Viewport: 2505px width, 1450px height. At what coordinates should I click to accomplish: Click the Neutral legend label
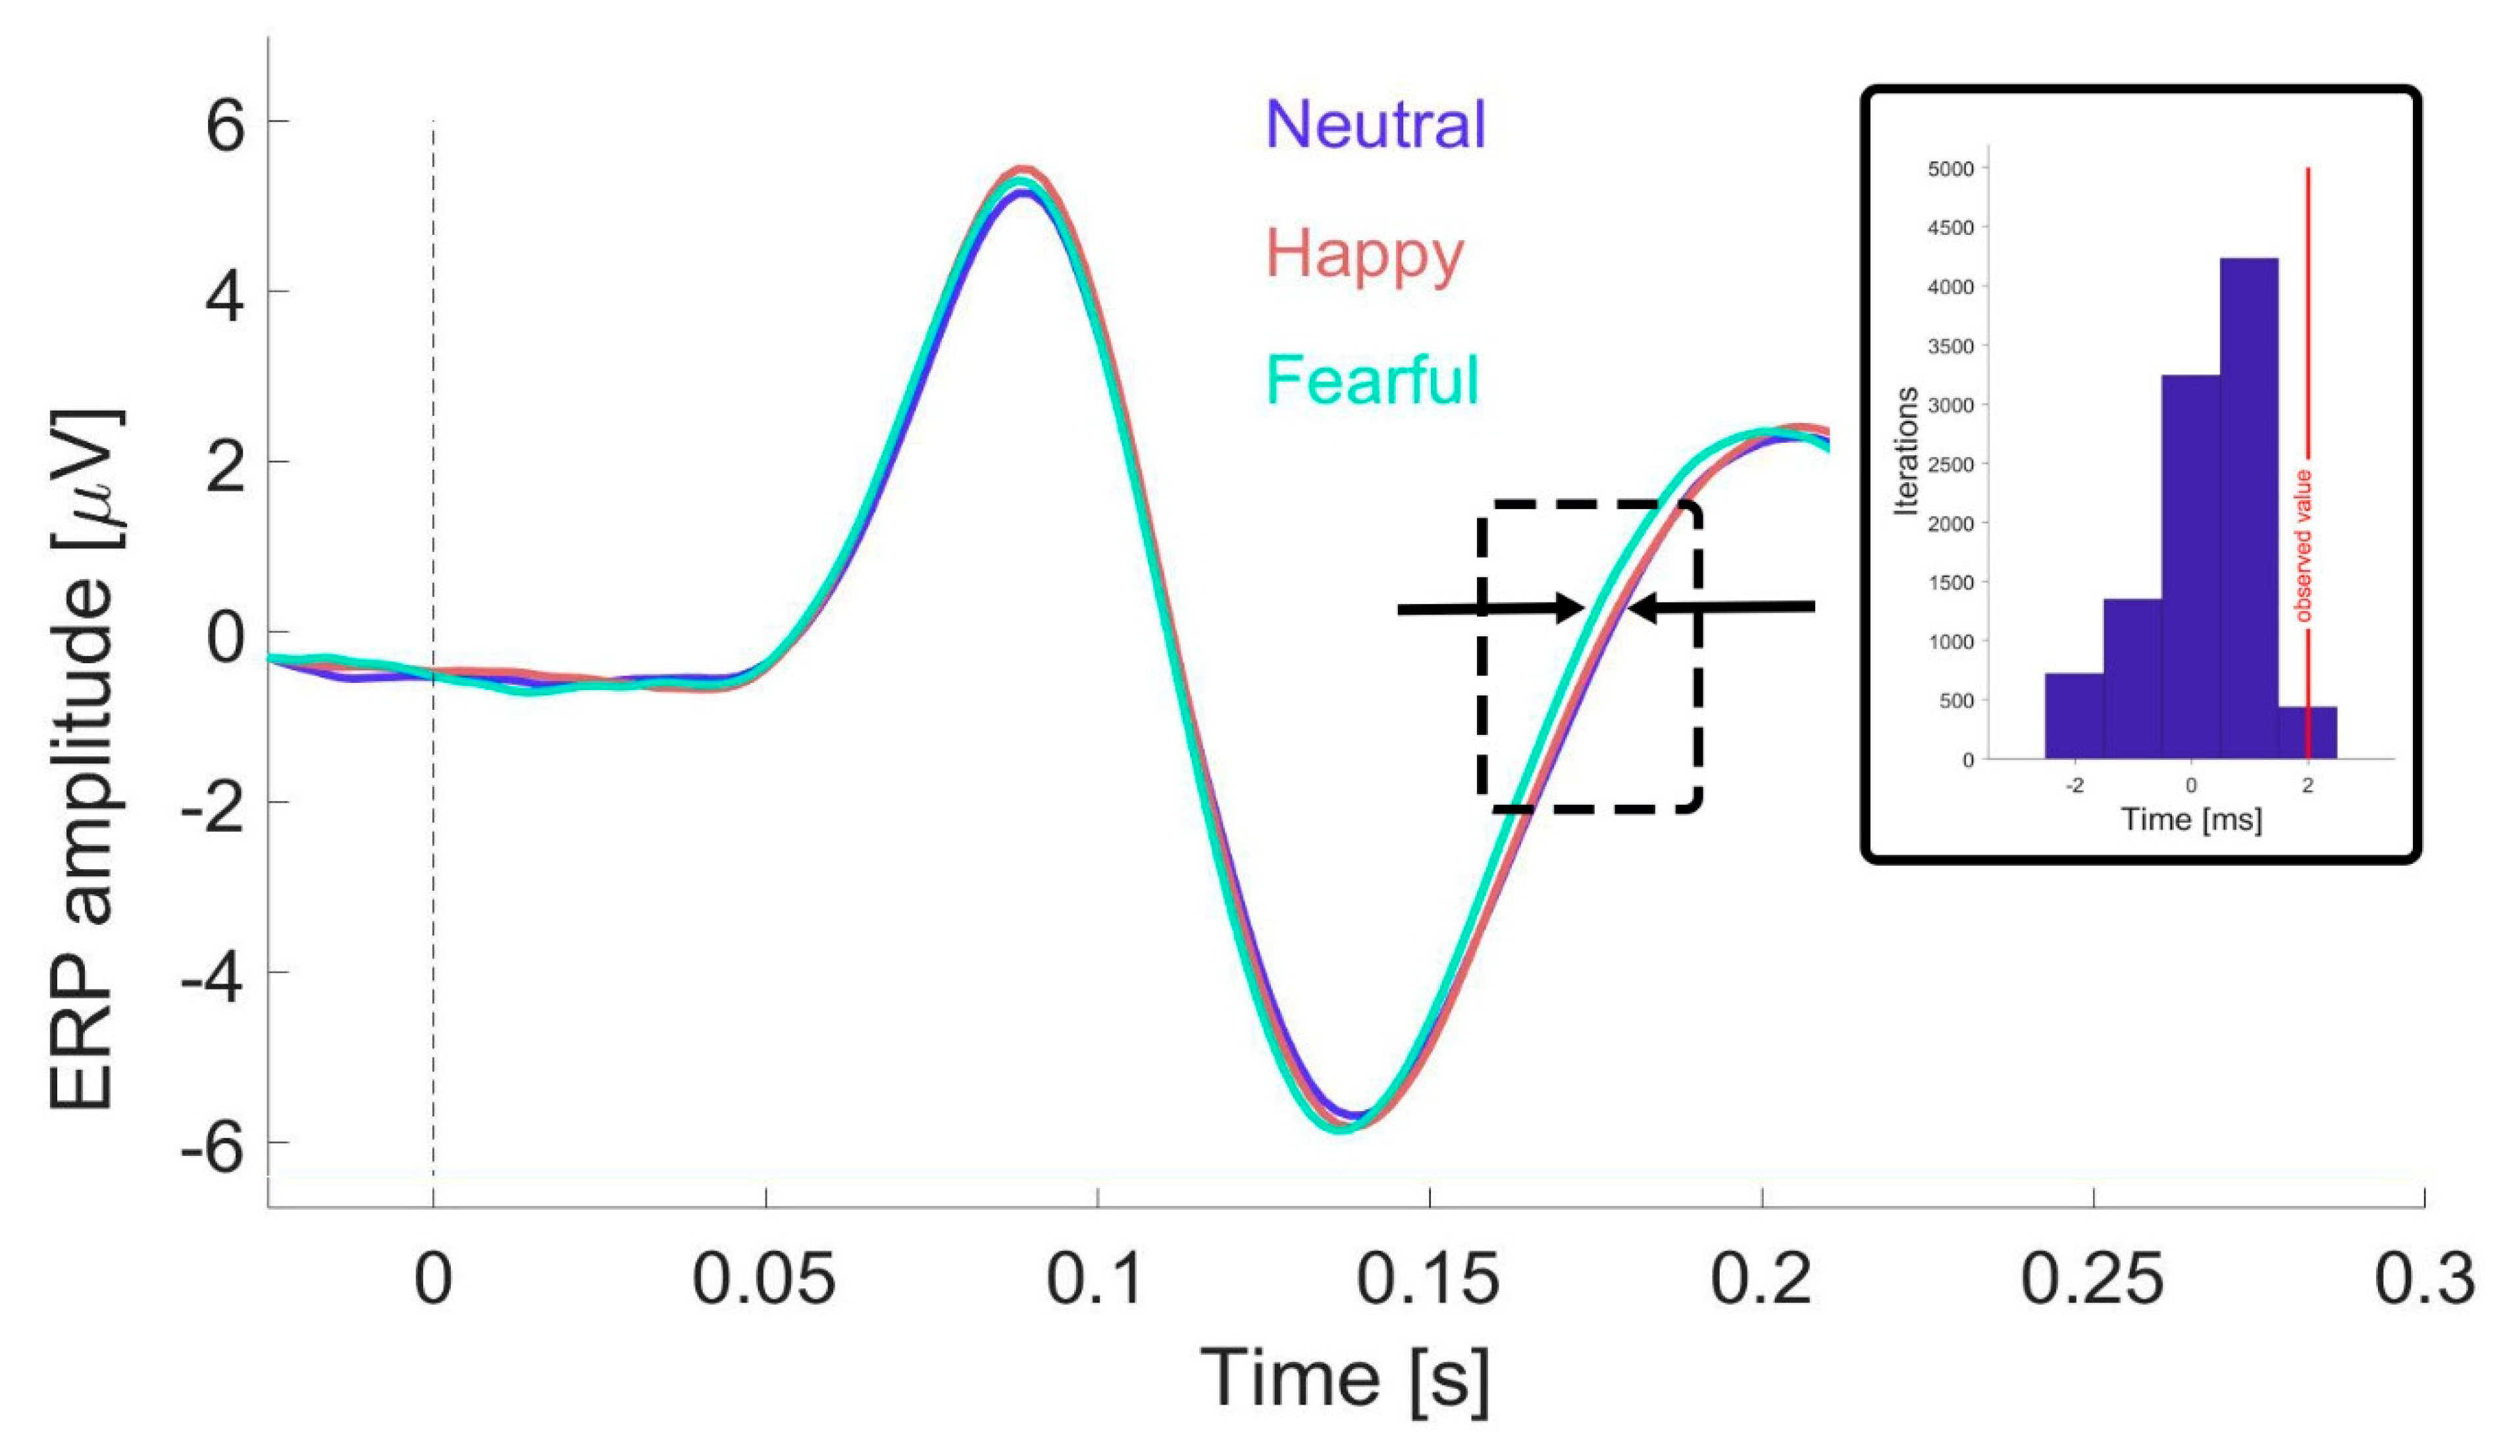coord(1375,125)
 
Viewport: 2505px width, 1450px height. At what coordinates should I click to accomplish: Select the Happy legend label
coord(1365,255)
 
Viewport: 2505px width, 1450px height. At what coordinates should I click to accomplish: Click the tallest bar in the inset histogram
coord(2248,507)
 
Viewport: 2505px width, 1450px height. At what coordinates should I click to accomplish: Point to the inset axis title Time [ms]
coord(2191,820)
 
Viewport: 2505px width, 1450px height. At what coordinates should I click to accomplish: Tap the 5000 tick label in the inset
coord(1950,169)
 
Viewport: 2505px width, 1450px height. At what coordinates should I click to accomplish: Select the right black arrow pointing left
coord(1722,607)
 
